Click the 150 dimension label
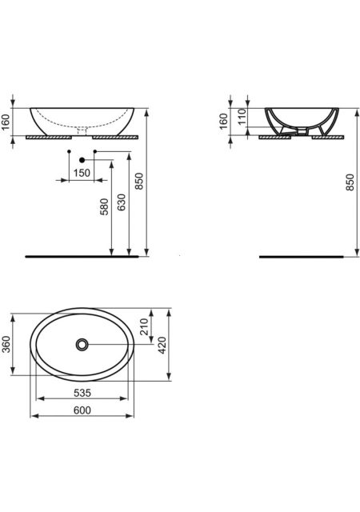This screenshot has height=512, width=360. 82,173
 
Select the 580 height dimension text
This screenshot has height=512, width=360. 104,206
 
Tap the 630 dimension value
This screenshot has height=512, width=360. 121,202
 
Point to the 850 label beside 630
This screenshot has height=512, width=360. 139,182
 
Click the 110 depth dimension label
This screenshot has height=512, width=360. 242,117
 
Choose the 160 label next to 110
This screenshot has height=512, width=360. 223,121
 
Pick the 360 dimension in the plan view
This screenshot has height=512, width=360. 6,344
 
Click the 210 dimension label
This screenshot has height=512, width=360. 144,326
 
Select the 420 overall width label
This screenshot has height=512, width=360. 162,345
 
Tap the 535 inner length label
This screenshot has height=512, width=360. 82,393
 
